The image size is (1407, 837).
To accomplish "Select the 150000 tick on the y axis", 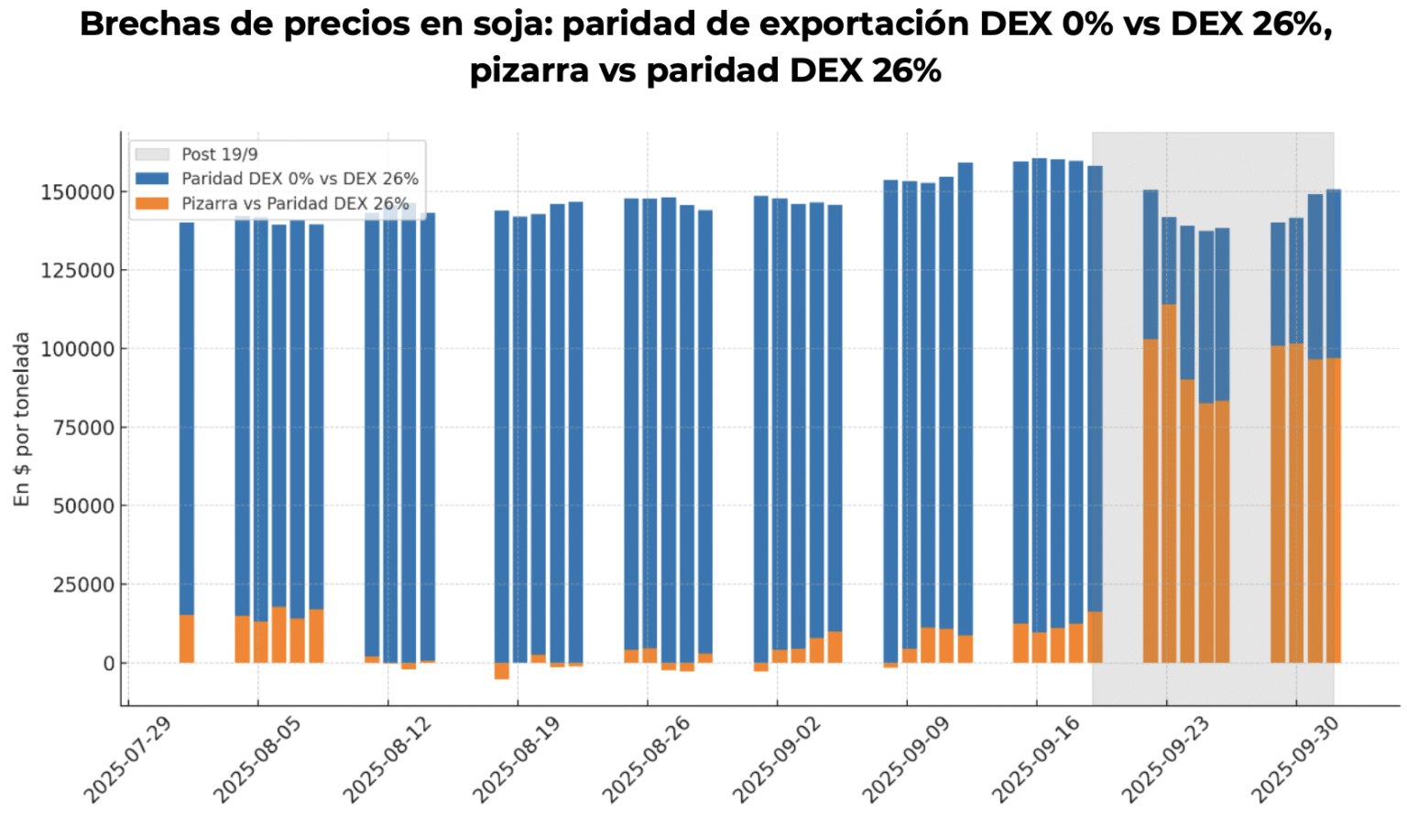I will [77, 192].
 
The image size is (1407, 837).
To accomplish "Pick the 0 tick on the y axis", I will [107, 663].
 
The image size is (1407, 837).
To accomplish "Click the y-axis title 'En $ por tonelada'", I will [22, 419].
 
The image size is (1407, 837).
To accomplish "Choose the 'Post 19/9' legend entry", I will [220, 155].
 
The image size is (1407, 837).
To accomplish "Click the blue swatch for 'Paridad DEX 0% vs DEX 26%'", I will [152, 179].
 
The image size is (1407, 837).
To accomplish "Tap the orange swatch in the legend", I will [152, 203].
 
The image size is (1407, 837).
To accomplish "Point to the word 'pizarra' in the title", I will [529, 71].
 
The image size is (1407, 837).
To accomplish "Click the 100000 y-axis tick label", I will [77, 349].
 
